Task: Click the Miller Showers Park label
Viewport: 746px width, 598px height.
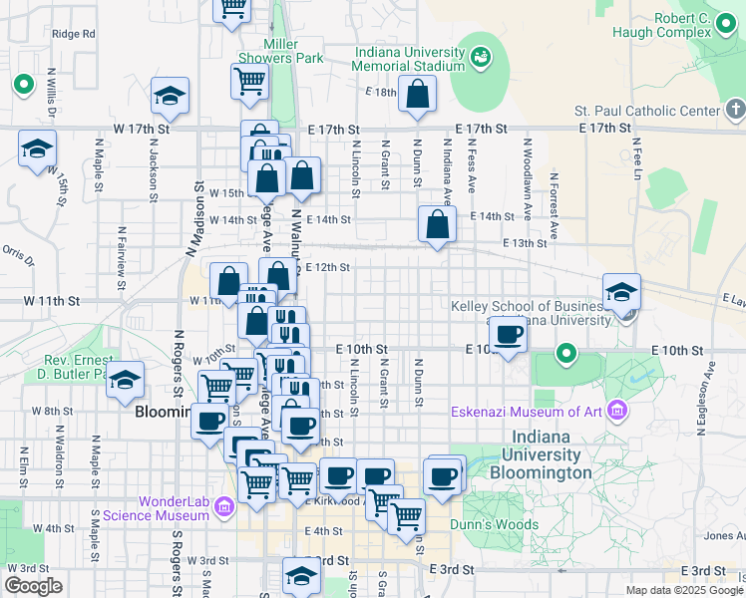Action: tap(294, 51)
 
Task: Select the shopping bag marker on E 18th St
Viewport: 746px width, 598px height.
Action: tap(418, 95)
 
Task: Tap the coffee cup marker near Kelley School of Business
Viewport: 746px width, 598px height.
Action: tap(509, 335)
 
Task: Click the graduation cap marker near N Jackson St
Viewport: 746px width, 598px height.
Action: tap(171, 97)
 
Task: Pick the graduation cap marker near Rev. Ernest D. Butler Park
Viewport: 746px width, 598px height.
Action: tap(126, 380)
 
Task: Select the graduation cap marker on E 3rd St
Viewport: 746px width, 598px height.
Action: tap(301, 576)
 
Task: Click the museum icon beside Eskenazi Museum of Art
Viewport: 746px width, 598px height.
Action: tap(616, 411)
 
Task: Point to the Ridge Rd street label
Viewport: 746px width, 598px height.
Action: tap(75, 33)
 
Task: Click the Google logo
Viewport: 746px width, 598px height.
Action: tap(34, 586)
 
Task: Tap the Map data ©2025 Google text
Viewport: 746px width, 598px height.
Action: tap(683, 590)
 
